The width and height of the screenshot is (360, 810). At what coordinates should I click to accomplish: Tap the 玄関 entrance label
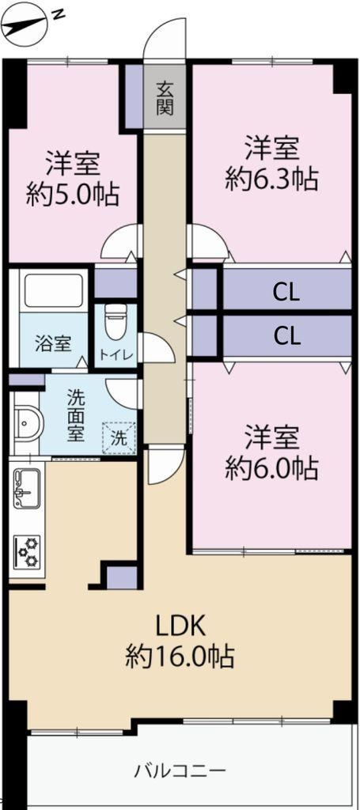pyautogui.click(x=165, y=99)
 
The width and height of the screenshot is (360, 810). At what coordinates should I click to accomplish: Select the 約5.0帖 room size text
pyautogui.click(x=73, y=195)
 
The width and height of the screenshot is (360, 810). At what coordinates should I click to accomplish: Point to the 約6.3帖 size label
pyautogui.click(x=271, y=179)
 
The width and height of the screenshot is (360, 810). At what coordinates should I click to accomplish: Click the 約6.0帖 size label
pyautogui.click(x=271, y=468)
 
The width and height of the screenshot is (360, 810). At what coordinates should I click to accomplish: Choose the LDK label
pyautogui.click(x=181, y=626)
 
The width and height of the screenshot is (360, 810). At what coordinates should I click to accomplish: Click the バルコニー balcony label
pyautogui.click(x=180, y=772)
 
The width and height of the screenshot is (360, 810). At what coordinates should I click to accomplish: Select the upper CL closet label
pyautogui.click(x=286, y=294)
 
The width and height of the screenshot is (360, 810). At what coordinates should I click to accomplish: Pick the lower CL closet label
pyautogui.click(x=286, y=337)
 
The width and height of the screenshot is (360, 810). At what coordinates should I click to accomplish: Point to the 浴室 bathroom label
pyautogui.click(x=53, y=343)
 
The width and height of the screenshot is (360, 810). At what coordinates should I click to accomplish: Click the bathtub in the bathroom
pyautogui.click(x=54, y=290)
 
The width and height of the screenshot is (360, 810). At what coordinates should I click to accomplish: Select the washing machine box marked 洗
pyautogui.click(x=119, y=437)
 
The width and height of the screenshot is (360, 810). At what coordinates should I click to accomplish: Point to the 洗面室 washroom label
pyautogui.click(x=75, y=416)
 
